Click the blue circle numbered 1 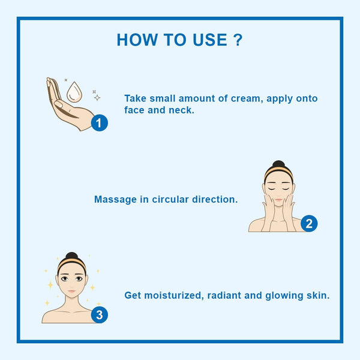click(x=100, y=123)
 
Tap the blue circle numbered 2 click(x=309, y=224)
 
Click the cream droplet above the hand click(x=74, y=91)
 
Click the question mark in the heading click(x=238, y=40)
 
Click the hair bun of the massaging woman click(x=278, y=164)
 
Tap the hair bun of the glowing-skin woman click(x=72, y=256)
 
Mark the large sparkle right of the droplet click(x=97, y=97)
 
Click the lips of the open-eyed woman click(x=72, y=293)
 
